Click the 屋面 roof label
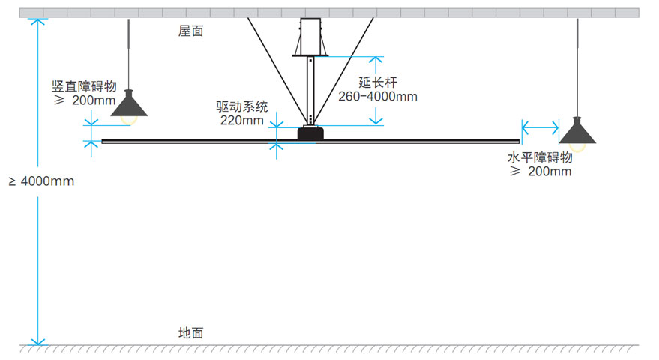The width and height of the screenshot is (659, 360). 190,31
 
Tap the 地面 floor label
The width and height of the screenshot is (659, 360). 190,333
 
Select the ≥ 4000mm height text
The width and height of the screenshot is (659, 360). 41,181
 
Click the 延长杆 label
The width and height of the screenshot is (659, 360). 377,82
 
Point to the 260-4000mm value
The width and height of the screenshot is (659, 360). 377,96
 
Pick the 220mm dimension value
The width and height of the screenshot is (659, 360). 242,120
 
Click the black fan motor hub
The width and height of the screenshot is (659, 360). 310,133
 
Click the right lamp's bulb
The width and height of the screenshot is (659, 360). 577,146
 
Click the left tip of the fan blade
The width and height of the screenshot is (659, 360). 103,140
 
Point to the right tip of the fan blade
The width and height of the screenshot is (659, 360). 517,140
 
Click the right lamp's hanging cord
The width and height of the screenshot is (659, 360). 577,67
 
